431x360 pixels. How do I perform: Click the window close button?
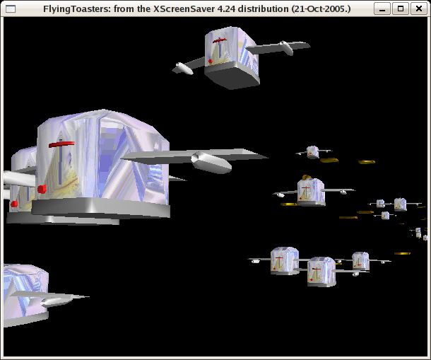click(x=418, y=8)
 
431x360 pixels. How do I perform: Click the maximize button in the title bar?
click(x=401, y=8)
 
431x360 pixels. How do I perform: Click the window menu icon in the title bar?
click(x=11, y=9)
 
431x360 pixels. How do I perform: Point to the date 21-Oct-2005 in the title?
click(x=319, y=9)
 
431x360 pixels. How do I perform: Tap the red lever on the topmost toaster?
click(x=220, y=41)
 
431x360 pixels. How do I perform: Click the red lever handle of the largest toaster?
click(x=61, y=144)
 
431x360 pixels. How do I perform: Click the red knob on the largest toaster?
click(x=42, y=189)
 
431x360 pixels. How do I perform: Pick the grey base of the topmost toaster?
click(x=232, y=75)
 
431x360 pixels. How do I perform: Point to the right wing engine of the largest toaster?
click(x=211, y=163)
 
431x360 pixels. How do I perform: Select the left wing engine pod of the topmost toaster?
click(x=184, y=69)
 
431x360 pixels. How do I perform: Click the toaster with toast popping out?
click(x=311, y=191)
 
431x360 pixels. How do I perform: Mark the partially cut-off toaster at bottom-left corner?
click(x=26, y=295)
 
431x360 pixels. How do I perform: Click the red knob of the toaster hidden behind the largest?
click(x=14, y=204)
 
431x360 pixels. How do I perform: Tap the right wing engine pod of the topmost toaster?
click(x=286, y=48)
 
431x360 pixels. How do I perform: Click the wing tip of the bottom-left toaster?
click(x=88, y=296)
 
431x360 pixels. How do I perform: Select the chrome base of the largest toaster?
click(x=100, y=208)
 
